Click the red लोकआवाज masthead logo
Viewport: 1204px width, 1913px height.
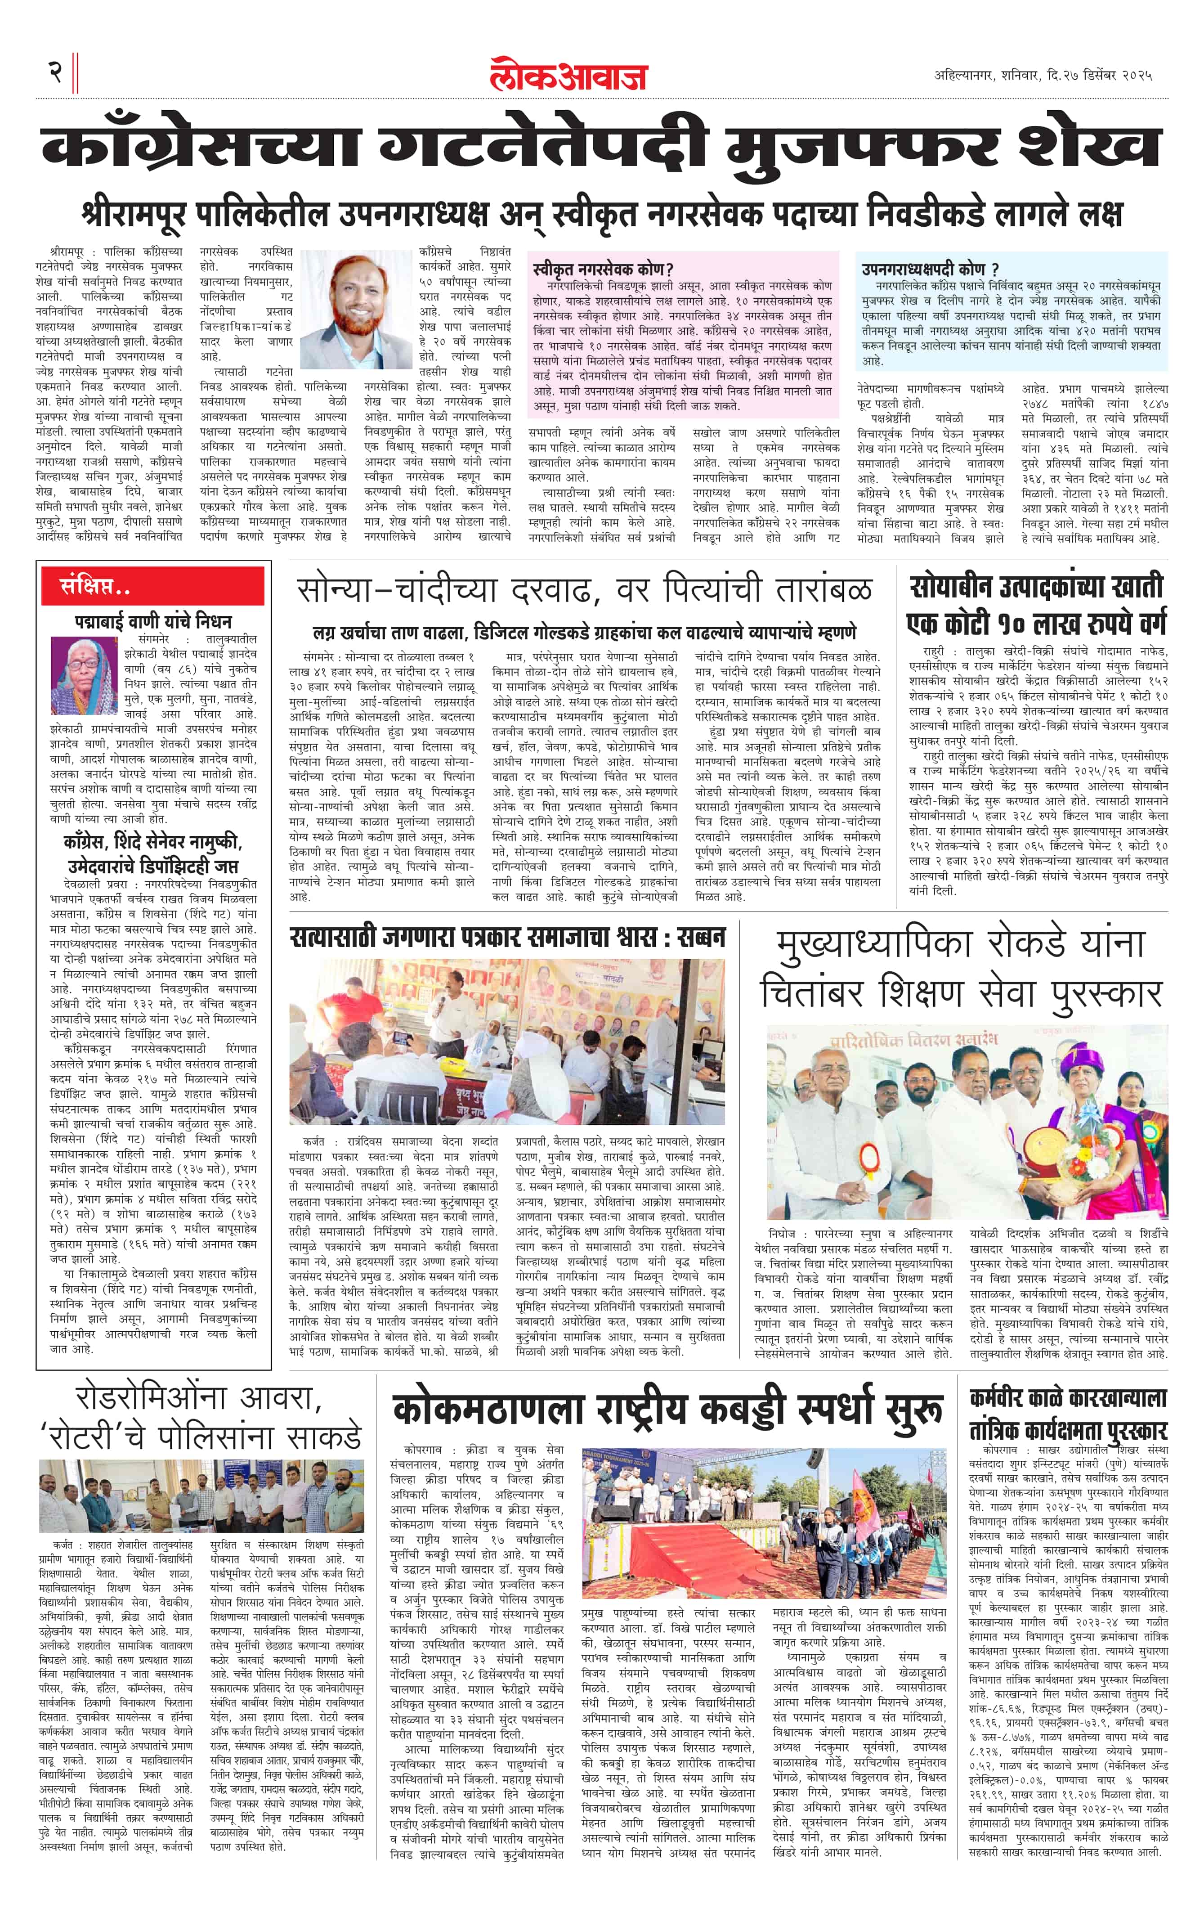click(x=568, y=76)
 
